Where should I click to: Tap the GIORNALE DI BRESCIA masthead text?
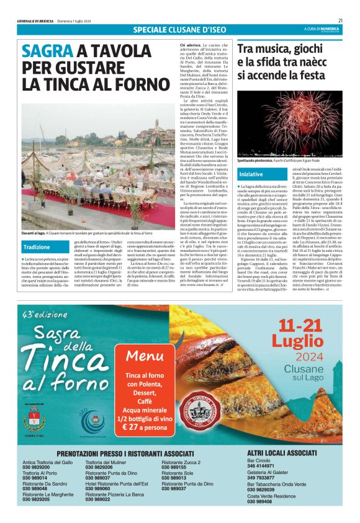pyautogui.click(x=35, y=20)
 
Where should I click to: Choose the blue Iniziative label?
pyautogui.click(x=251, y=174)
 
